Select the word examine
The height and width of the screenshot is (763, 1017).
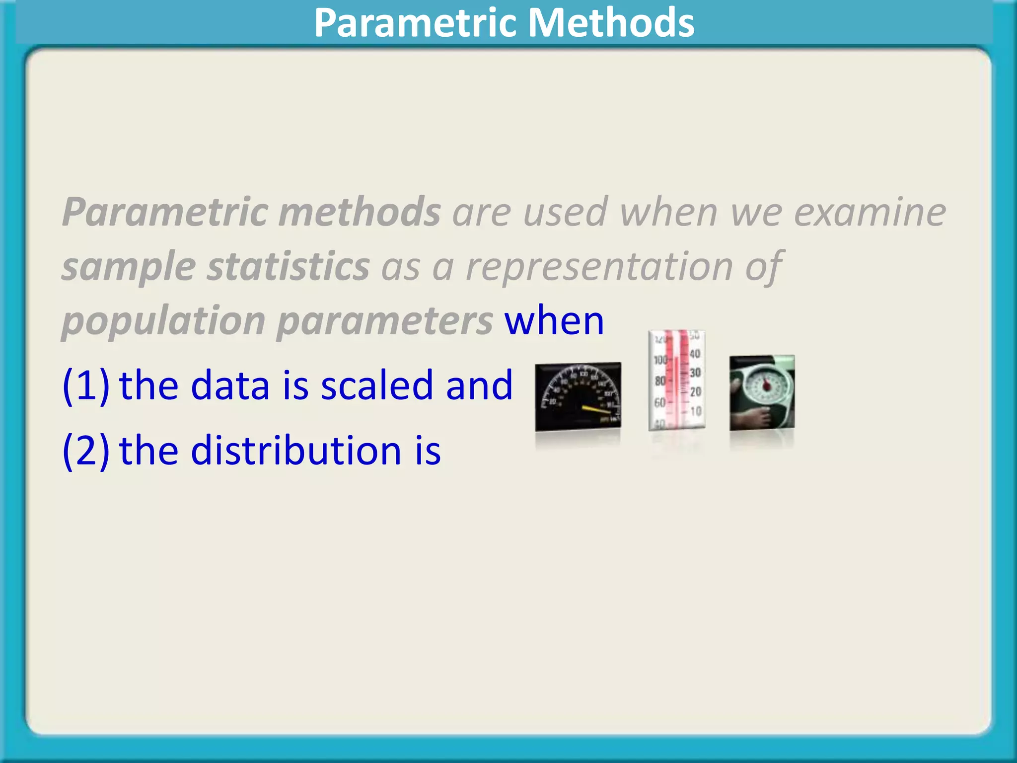(870, 212)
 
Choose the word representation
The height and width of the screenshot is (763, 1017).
(599, 267)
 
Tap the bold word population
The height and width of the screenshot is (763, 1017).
(163, 321)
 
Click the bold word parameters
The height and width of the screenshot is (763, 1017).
(384, 321)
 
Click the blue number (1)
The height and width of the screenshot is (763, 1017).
(86, 385)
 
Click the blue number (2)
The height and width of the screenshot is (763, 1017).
(86, 450)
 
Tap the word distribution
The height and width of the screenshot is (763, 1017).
(295, 450)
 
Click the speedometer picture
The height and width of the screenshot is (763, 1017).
(578, 396)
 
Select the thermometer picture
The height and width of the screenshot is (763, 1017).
(676, 380)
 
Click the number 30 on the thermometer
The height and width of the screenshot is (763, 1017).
(695, 373)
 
